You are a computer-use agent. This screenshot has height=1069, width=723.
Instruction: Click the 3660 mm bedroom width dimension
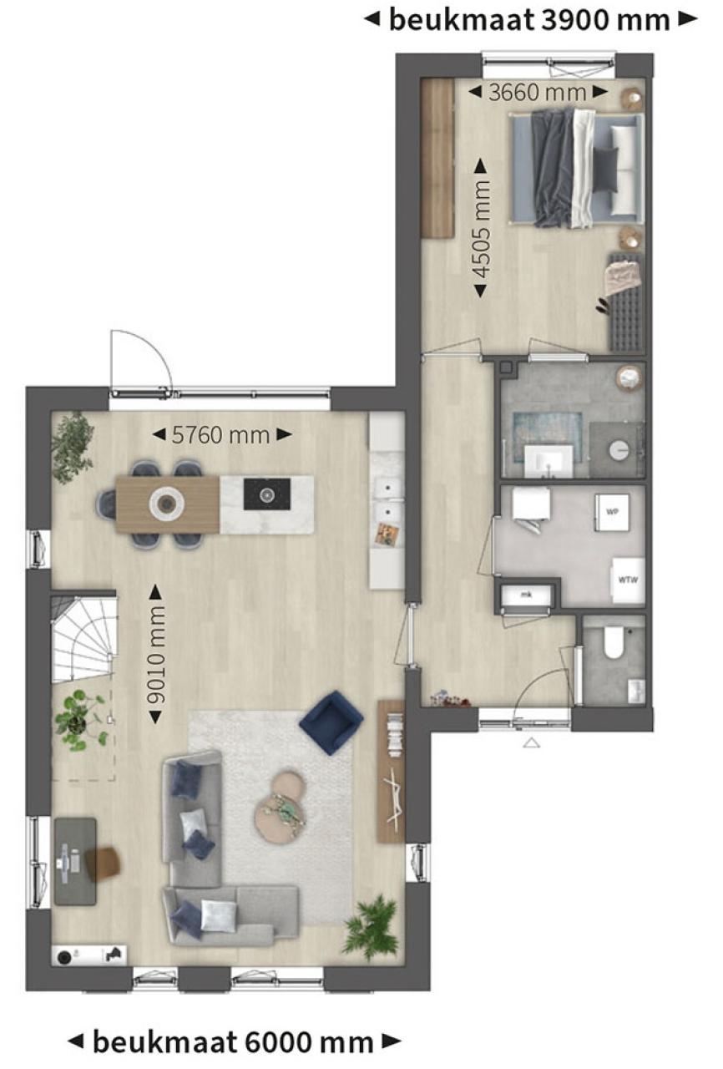pos(538,93)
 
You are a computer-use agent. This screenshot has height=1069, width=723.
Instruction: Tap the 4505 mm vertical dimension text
pos(481,228)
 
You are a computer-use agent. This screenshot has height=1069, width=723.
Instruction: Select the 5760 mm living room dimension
pos(221,435)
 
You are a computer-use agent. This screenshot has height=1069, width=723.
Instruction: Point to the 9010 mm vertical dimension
pos(156,655)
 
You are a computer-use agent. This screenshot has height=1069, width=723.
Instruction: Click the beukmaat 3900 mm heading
pos(530,20)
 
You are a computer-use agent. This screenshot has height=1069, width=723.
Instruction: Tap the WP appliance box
pos(612,512)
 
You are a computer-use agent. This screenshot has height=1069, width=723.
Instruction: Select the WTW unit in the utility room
pos(628,580)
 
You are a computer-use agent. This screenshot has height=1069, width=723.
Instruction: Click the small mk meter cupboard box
pos(526,595)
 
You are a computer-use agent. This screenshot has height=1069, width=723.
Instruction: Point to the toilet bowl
pos(614,643)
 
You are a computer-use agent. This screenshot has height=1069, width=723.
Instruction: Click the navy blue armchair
pos(331,722)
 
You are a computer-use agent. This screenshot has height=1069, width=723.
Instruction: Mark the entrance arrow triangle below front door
pos(531,743)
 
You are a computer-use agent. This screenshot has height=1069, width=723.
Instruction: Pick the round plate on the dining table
pos(166,503)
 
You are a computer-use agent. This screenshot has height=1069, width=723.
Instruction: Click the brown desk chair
pos(104,862)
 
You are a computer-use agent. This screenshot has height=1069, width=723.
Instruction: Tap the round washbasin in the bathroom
pos(619,450)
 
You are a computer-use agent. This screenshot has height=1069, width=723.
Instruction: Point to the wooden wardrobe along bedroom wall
pos(437,158)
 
